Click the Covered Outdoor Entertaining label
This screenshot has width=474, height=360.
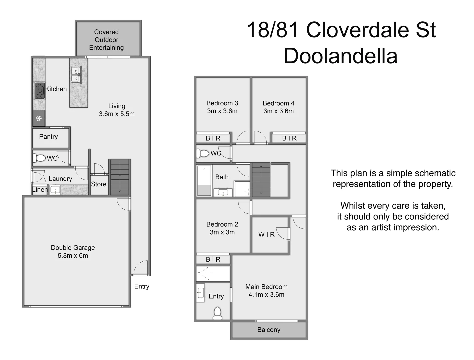coord(106,40)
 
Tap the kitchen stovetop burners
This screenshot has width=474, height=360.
coord(40,91)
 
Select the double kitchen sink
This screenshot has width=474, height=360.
coord(75,75)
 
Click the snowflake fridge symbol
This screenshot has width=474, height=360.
coord(39,118)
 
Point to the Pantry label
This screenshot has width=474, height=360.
coord(48,137)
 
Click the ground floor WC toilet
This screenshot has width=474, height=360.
coord(40,158)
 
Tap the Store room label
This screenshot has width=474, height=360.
coord(99,184)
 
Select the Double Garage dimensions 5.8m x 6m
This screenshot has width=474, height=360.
coord(73,256)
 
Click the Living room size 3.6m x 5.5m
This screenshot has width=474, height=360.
coord(117,114)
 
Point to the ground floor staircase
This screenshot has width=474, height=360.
coord(119,177)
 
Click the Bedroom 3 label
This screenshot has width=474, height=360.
coord(222,103)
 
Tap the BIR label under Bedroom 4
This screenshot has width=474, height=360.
coord(289,138)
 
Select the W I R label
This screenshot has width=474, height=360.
coord(267,235)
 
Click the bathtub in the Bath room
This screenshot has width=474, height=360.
coord(204,180)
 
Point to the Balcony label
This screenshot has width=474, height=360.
coord(269,330)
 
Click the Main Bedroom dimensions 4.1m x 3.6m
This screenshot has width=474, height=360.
coord(266,295)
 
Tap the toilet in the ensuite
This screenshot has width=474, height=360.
coord(217,313)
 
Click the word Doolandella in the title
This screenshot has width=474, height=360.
coord(341,56)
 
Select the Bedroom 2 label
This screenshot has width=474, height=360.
coord(222,224)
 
